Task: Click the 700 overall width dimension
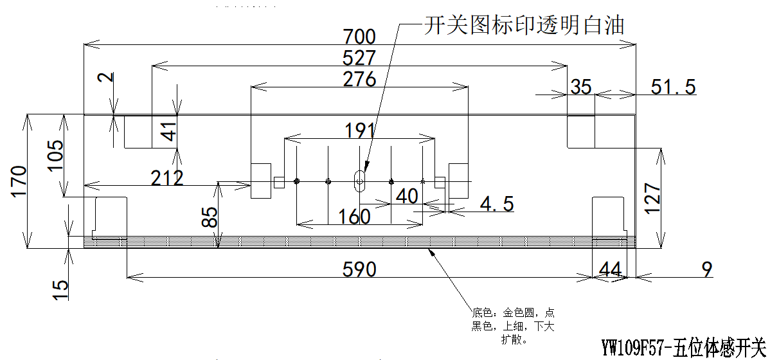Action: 359,36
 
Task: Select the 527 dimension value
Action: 359,58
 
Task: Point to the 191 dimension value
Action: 359,130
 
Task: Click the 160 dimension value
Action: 354,217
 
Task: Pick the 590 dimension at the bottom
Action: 359,269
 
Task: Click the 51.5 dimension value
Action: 673,87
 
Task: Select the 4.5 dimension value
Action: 497,204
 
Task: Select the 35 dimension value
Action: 581,87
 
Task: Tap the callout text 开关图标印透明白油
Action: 524,26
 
